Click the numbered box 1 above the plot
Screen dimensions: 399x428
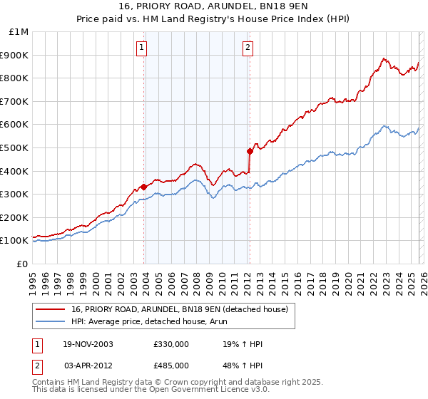coord(142,48)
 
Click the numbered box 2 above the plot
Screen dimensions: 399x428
coord(248,48)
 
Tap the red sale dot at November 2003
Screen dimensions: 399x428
coord(144,187)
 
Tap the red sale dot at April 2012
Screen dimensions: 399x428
coord(250,151)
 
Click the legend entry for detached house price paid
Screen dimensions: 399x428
coord(179,309)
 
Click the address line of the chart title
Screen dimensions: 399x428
coord(214,8)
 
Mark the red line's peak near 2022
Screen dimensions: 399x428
coord(384,58)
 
